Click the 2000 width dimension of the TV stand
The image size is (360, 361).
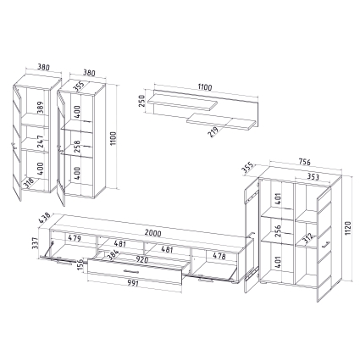153,233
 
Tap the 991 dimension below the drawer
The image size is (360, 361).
132,283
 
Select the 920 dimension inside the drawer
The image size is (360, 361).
142,259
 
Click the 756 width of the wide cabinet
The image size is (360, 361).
304,162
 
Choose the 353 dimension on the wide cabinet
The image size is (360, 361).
313,177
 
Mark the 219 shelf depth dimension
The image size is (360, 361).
213,132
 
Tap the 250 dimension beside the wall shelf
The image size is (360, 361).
141,101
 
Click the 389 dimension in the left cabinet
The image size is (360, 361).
41,108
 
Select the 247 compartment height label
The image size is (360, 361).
41,142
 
